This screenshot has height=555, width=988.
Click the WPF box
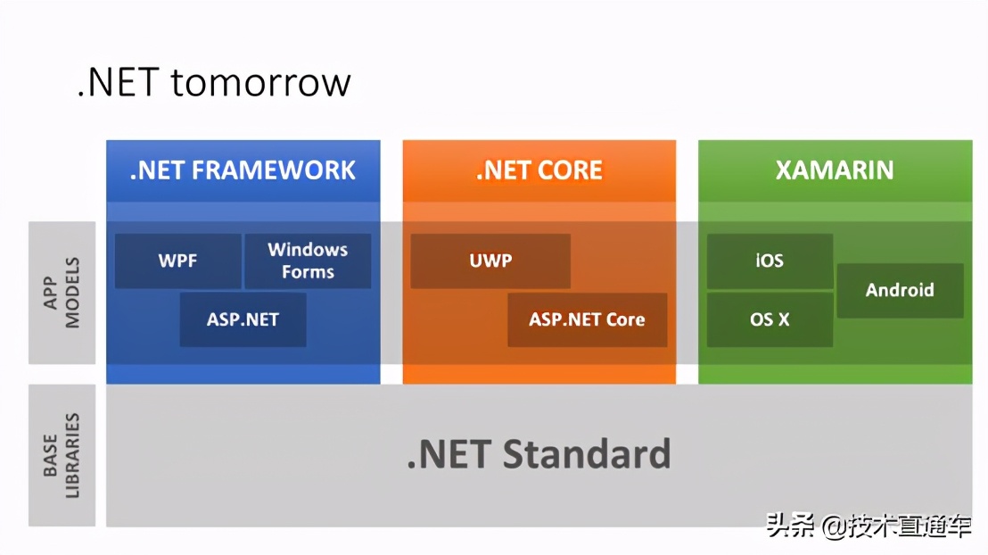178,261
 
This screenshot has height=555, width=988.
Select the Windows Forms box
308,261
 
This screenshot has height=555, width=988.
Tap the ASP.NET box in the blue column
243,319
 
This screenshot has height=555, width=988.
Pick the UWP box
490,261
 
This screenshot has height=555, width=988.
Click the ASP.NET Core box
587,319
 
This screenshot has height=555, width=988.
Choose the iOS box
770,261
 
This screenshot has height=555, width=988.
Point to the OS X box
770,319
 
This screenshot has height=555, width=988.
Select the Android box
900,290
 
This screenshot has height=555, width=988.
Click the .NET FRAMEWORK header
243,170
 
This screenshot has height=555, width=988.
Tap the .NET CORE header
539,170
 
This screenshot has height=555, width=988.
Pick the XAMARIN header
835,170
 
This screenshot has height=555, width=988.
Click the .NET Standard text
539,454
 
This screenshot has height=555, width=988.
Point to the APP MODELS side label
62,293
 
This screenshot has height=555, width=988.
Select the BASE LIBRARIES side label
62,455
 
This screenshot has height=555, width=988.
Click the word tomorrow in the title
260,82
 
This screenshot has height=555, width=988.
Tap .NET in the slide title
119,82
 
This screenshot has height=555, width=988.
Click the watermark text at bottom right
869,526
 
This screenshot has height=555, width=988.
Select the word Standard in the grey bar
587,454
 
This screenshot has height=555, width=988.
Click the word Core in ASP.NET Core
625,319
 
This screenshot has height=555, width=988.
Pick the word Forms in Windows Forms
308,272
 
